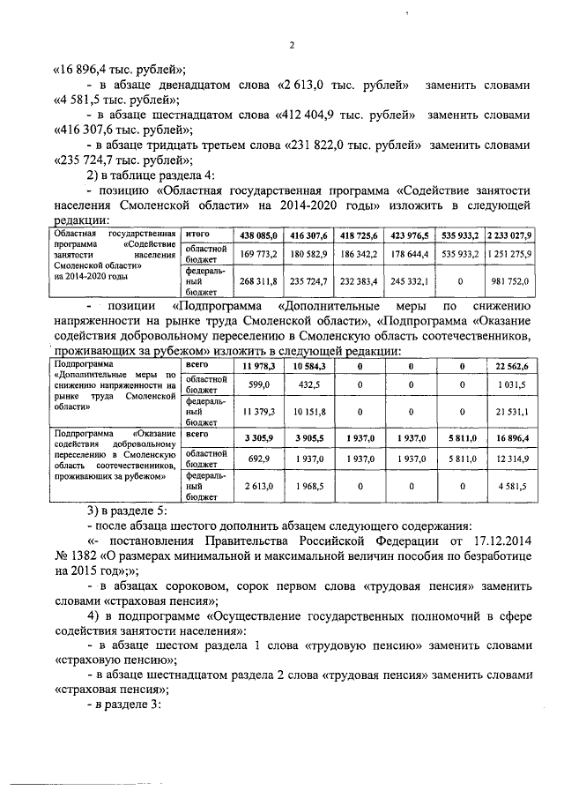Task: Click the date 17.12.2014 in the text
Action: click(493, 540)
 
